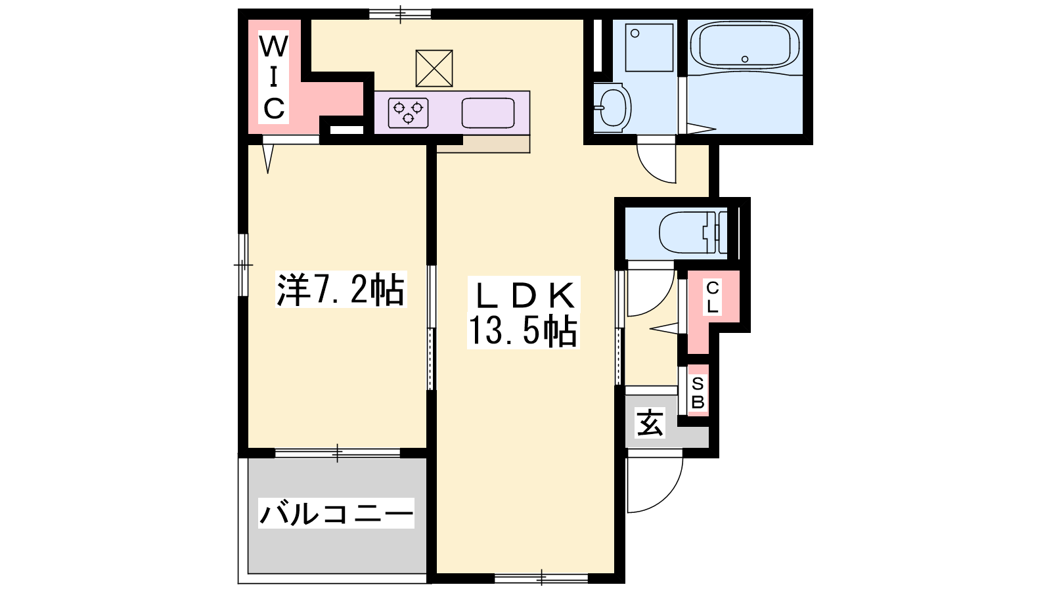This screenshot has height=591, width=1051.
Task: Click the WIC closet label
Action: (273, 78)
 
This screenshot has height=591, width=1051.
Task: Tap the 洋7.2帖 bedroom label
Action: (341, 290)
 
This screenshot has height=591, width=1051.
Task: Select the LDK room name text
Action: (524, 296)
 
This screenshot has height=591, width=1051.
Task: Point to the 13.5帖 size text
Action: (523, 331)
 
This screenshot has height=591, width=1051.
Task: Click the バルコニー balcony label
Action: (336, 514)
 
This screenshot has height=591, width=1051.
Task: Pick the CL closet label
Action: (712, 297)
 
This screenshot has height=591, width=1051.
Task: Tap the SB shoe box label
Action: (698, 393)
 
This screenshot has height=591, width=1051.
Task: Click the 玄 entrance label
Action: (650, 423)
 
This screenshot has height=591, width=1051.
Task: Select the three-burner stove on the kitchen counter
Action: (408, 113)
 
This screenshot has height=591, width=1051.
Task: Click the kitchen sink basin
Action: (488, 113)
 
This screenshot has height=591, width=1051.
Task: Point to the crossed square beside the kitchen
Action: (434, 68)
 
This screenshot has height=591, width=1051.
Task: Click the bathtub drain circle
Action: (745, 59)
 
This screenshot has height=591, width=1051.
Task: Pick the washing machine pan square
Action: (650, 47)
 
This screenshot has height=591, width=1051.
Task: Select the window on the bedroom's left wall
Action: (243, 265)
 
